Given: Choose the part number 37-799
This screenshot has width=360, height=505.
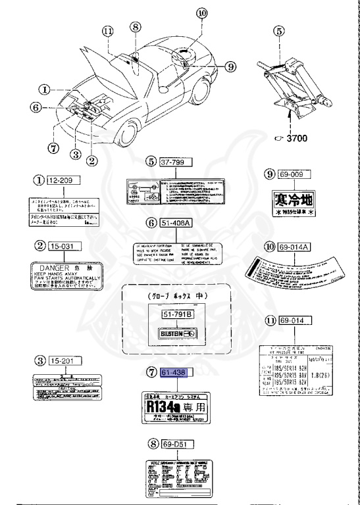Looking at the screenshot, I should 175,161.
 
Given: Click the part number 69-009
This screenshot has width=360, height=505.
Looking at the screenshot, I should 293,174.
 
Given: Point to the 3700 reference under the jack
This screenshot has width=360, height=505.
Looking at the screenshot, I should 294,139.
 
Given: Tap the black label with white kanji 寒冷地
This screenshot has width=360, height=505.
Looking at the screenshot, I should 293,199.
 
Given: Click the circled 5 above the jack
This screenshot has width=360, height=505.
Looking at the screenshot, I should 278,30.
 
